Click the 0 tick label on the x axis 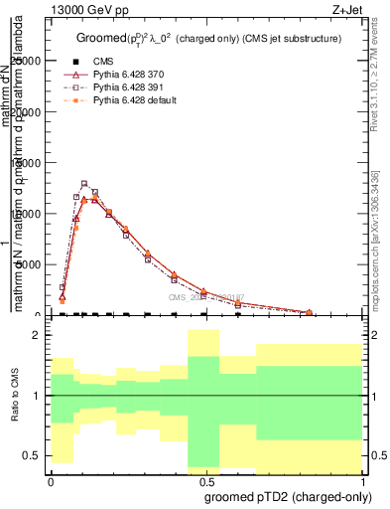(x=51, y=479)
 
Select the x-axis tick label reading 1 (x=364, y=479)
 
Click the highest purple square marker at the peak (x=84, y=184)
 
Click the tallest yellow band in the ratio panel (x=203, y=398)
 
